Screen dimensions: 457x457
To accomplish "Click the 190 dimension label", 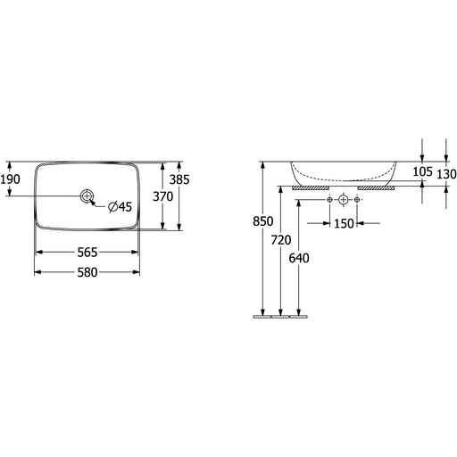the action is pos(10,179).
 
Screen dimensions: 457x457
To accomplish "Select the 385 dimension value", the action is pos(179,179).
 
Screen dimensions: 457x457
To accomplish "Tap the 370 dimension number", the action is pos(163,196).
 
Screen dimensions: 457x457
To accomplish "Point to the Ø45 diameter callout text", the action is pos(120,206).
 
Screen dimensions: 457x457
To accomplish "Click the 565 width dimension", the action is pos(87,253).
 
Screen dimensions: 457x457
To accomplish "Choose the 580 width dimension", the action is pos(87,272).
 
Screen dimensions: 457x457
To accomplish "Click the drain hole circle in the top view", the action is pos(87,195).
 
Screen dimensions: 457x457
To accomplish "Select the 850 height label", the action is pos(263,221).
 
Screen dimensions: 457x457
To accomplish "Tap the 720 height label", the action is pos(281,240).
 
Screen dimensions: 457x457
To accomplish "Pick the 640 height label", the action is pos(299,258).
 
